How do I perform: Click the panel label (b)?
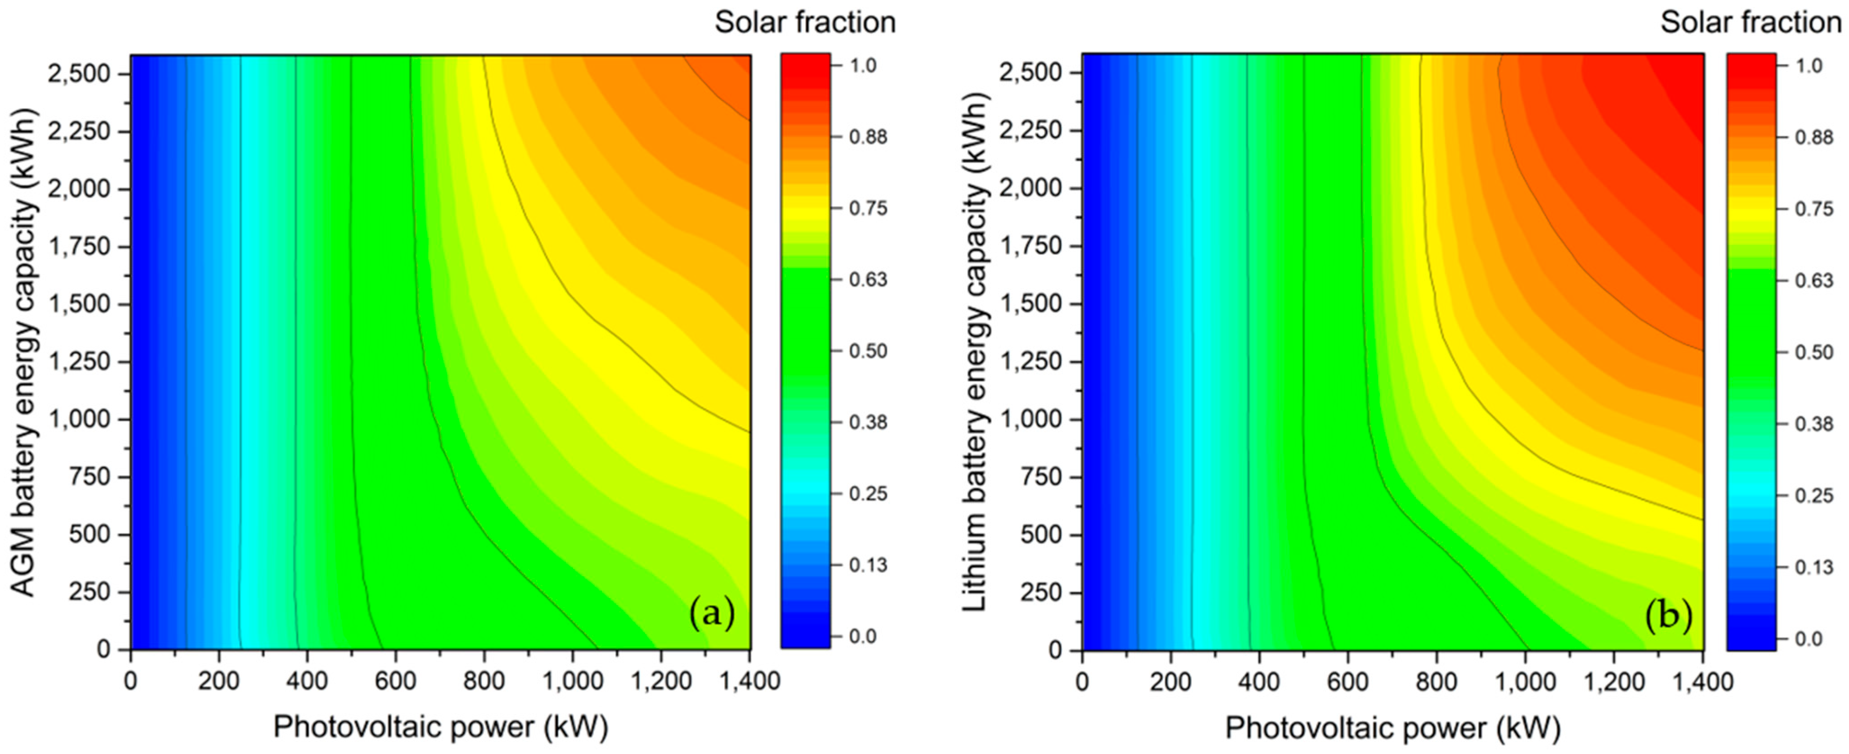[1668, 615]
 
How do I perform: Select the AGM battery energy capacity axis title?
[24, 353]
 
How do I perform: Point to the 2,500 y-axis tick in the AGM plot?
[79, 74]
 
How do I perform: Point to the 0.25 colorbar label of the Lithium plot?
[1814, 495]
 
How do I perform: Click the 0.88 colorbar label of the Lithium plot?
[1814, 137]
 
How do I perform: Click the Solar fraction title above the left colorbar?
[805, 22]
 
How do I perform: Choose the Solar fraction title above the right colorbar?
[1751, 22]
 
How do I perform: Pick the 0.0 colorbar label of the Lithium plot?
[1809, 638]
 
